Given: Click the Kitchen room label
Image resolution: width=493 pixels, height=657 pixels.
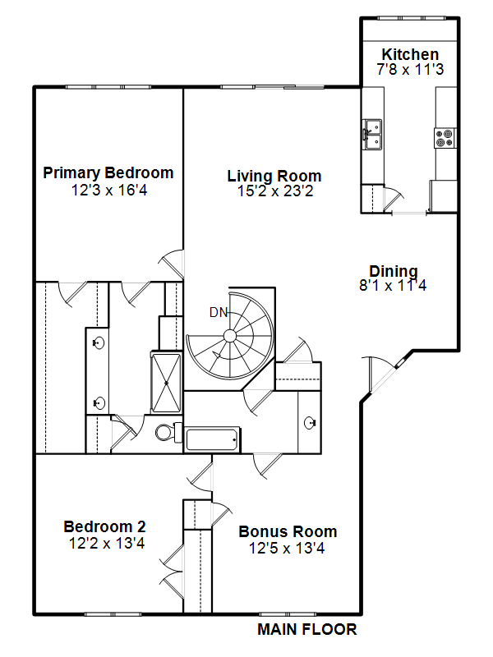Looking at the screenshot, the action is (x=410, y=54).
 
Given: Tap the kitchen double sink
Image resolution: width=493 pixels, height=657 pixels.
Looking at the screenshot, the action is (x=372, y=134).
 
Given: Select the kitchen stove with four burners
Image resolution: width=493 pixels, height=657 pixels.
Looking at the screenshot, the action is (x=445, y=138).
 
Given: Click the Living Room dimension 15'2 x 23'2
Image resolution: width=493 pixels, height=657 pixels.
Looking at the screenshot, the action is (x=275, y=191).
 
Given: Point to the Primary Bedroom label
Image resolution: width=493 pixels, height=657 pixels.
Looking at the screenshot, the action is (x=108, y=172).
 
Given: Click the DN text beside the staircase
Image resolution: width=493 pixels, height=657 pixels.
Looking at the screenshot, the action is (x=219, y=312).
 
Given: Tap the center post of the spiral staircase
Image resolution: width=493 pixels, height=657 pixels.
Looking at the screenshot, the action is (x=229, y=336).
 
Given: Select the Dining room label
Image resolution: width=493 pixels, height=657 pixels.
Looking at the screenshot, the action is (x=394, y=271).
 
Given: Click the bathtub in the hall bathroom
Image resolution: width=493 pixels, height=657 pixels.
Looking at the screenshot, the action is (x=212, y=439).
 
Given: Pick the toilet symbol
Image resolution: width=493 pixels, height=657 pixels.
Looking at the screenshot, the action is (x=168, y=432).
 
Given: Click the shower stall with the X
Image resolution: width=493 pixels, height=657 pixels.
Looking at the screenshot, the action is (x=166, y=383).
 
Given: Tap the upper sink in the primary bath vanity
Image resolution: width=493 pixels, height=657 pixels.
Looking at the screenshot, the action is (x=98, y=343).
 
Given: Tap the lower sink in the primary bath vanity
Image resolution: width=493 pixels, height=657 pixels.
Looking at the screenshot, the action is (x=98, y=403).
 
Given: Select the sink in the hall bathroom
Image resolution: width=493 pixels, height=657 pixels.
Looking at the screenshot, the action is (x=311, y=423).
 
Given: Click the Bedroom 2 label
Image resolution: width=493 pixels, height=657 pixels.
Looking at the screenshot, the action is (x=105, y=526).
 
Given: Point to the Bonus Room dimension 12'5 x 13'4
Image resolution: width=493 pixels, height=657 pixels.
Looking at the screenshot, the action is (x=287, y=548).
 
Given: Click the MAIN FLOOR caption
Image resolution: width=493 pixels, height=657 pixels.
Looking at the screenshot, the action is (x=306, y=629).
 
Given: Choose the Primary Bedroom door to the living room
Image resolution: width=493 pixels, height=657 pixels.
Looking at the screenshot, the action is (x=172, y=264).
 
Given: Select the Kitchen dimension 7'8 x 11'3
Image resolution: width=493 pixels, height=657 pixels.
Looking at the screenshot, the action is (x=410, y=69).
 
